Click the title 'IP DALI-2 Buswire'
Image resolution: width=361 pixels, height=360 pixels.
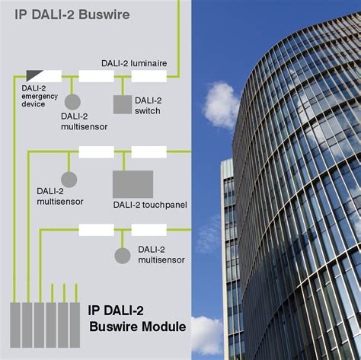click(72, 14)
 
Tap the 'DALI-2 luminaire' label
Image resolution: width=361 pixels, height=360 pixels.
click(134, 63)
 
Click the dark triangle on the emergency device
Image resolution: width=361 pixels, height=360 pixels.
click(34, 75)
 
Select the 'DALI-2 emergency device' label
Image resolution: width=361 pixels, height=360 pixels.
click(40, 96)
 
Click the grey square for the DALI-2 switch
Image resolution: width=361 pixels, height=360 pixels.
click(123, 104)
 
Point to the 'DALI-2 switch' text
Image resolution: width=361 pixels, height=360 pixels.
click(148, 106)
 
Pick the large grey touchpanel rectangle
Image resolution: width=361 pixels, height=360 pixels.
click(133, 184)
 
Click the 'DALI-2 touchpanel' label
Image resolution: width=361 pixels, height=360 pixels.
click(150, 205)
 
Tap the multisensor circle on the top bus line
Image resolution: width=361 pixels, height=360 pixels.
click(72, 102)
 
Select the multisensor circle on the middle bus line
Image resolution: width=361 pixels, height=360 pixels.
click(69, 180)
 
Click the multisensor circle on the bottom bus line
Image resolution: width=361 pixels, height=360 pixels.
click(123, 256)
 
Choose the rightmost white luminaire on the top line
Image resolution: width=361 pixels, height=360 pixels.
click(149, 76)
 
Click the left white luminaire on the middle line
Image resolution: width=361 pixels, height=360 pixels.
click(96, 152)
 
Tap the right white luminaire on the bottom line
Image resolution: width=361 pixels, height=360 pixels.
click(149, 230)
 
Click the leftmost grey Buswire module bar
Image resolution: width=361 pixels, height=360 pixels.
click(15, 325)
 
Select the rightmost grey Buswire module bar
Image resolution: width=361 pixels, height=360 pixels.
click(75, 325)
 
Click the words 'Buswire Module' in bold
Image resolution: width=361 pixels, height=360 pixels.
click(138, 327)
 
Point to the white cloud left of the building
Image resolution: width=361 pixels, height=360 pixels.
click(221, 104)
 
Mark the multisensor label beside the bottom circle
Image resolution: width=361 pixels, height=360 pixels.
click(161, 255)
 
